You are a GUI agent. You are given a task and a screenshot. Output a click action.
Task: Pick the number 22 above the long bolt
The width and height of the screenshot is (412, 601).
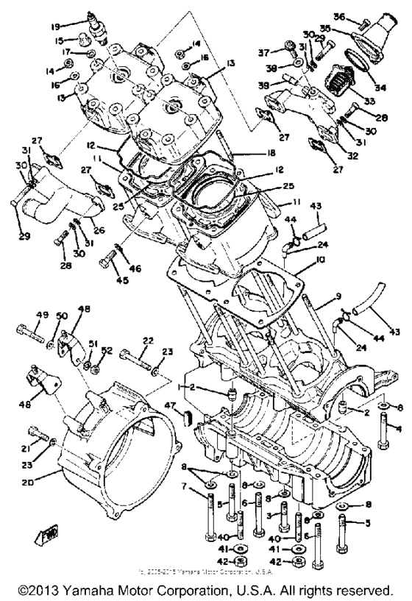click(149, 341)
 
